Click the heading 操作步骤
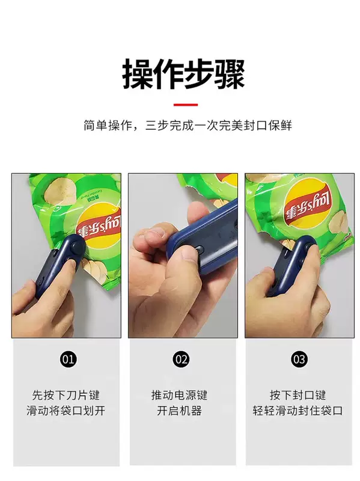[x=184, y=74]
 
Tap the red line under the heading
[x=186, y=105]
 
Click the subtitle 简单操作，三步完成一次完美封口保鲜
[x=188, y=125]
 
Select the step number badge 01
[x=68, y=359]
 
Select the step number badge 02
[x=182, y=359]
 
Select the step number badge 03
[x=299, y=359]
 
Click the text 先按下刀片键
[x=66, y=395]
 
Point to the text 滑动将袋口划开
[x=66, y=410]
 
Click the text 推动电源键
[x=179, y=395]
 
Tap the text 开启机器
[x=179, y=410]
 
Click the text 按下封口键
[x=297, y=395]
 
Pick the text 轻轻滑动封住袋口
[x=297, y=410]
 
